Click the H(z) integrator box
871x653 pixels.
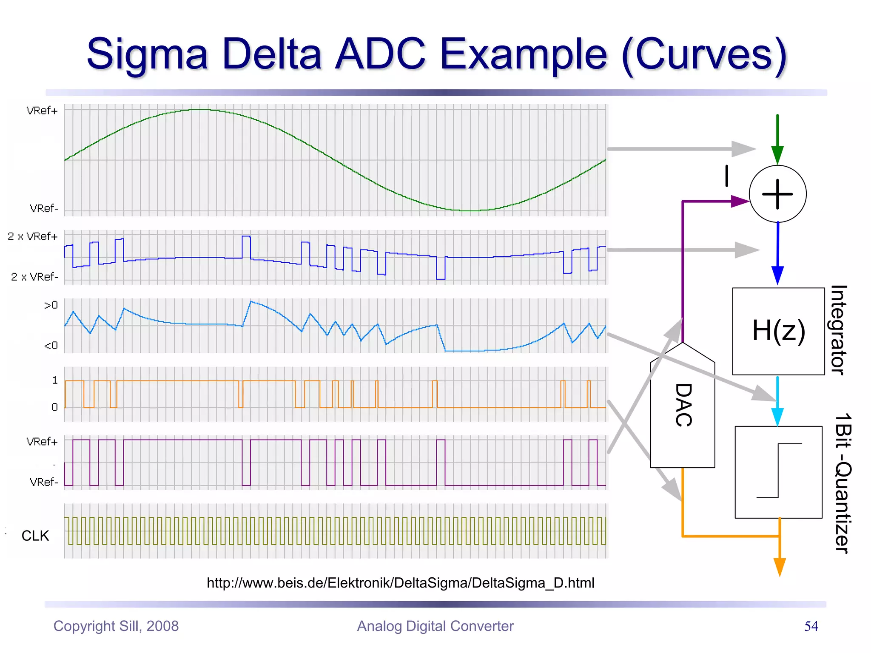(x=778, y=331)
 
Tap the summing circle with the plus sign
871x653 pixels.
(x=777, y=194)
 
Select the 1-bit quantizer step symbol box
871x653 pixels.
(x=778, y=472)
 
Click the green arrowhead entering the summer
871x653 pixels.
(x=777, y=155)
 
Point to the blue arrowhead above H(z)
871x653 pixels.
(x=777, y=275)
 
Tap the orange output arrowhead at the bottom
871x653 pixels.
(x=779, y=567)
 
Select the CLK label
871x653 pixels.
(x=35, y=536)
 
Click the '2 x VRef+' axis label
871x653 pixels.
(x=33, y=236)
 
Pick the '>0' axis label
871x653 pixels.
(x=51, y=305)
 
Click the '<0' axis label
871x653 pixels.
(x=51, y=346)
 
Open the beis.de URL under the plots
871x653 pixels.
(x=400, y=582)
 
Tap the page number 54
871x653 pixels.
(x=811, y=626)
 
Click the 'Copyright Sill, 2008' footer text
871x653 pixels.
(x=116, y=626)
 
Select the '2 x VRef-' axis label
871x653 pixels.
(x=34, y=277)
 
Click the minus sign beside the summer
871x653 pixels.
(x=727, y=176)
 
